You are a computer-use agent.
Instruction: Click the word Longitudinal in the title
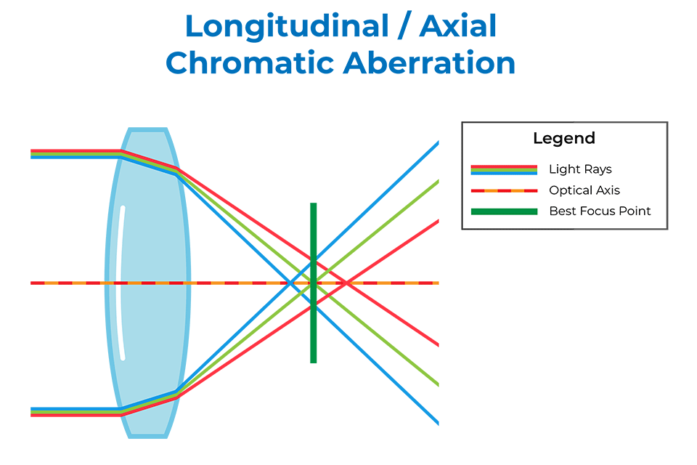point(287,27)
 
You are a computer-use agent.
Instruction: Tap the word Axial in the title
point(458,26)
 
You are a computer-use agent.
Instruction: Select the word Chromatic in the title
point(249,62)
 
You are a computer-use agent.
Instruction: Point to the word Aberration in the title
point(429,62)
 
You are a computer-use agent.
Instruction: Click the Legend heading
point(564,138)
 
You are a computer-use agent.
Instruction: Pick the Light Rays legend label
point(580,169)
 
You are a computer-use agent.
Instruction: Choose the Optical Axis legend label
point(584,190)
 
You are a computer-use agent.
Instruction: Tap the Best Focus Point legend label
point(600,211)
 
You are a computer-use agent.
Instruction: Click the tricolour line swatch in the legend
point(504,169)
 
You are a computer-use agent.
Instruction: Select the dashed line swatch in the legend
point(504,190)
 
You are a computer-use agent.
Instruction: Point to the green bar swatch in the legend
point(504,211)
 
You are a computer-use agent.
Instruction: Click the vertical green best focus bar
point(314,283)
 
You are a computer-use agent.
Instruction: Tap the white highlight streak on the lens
point(121,283)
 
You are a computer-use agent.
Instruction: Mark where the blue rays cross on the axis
point(290,283)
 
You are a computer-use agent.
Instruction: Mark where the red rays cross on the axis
point(346,283)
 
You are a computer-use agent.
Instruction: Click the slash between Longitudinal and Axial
point(404,27)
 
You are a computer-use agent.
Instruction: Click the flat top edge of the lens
point(147,129)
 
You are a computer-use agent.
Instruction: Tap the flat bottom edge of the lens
point(147,436)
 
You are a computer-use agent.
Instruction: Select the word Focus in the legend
point(600,211)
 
